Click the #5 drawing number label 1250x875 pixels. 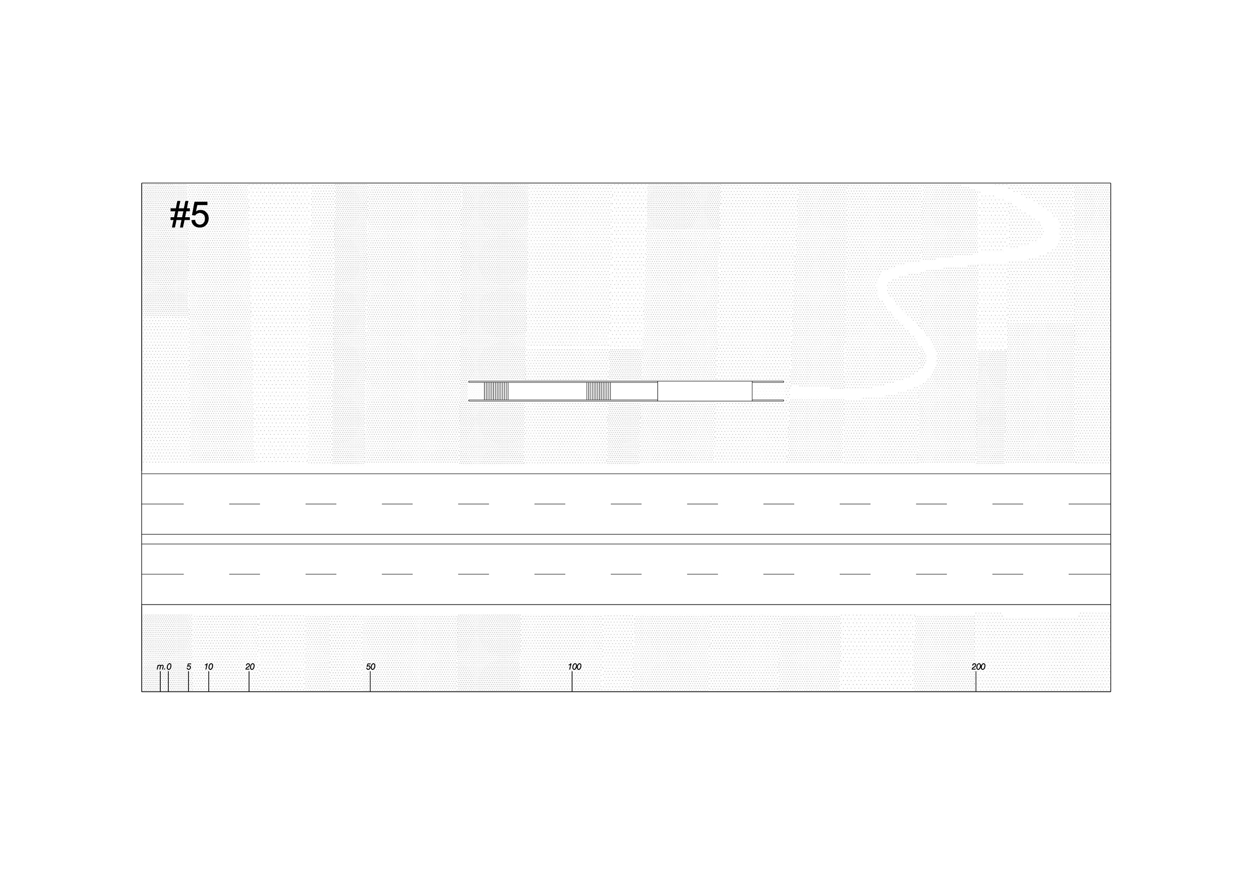[x=190, y=216]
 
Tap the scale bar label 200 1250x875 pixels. [x=978, y=666]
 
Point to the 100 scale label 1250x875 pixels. [x=575, y=666]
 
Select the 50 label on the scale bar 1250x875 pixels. [x=371, y=666]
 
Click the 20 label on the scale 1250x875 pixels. [x=250, y=666]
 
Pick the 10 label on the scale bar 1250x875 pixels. [x=209, y=666]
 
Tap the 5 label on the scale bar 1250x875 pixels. [x=189, y=666]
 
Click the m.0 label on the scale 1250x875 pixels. [x=164, y=666]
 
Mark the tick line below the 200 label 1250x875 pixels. [x=976, y=681]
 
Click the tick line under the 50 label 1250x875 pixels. [x=370, y=681]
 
